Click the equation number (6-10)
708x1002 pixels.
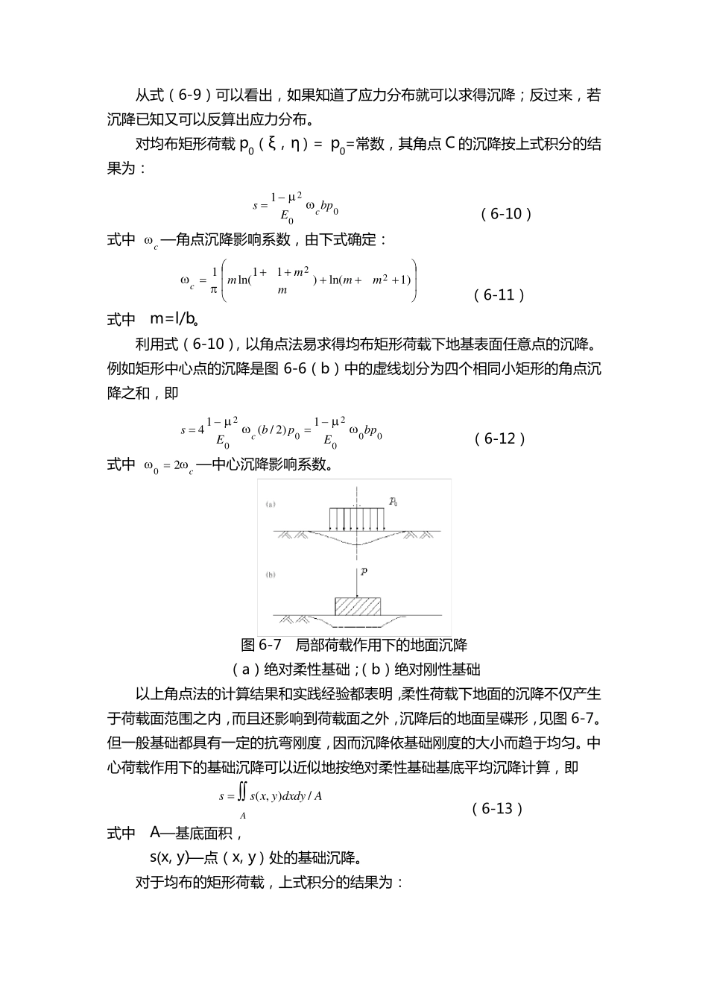click(x=506, y=214)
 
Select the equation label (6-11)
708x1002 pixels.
click(x=499, y=294)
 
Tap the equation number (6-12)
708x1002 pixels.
click(x=500, y=438)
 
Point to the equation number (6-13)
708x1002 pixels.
click(x=498, y=809)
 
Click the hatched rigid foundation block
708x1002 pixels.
click(x=359, y=605)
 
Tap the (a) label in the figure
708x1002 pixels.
click(x=271, y=505)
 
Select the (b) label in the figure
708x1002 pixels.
click(x=271, y=575)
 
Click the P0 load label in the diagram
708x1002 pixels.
click(x=393, y=502)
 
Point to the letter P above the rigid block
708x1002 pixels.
click(x=364, y=571)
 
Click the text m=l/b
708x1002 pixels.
click(x=174, y=319)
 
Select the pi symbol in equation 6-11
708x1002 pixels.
click(x=213, y=289)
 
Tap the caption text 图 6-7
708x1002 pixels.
click(x=259, y=644)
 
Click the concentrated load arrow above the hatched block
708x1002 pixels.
click(x=359, y=582)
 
